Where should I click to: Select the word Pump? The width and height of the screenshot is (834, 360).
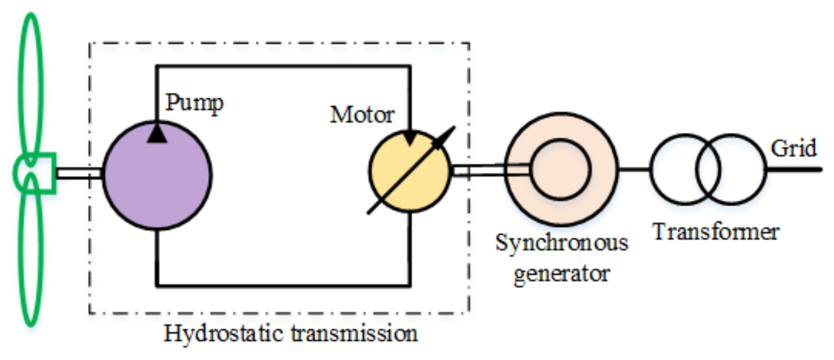(194, 103)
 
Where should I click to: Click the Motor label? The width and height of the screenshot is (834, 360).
(362, 115)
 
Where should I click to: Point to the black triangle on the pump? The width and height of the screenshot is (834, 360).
(157, 133)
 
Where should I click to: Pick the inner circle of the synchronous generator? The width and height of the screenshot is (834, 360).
(560, 170)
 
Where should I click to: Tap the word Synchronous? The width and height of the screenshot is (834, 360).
(561, 243)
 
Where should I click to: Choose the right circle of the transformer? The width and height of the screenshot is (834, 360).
(739, 169)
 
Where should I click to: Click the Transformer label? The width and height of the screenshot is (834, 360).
(716, 232)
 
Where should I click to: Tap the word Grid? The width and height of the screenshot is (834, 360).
(793, 149)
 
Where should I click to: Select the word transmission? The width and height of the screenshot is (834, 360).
(354, 334)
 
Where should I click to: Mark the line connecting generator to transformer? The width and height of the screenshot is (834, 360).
(633, 169)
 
